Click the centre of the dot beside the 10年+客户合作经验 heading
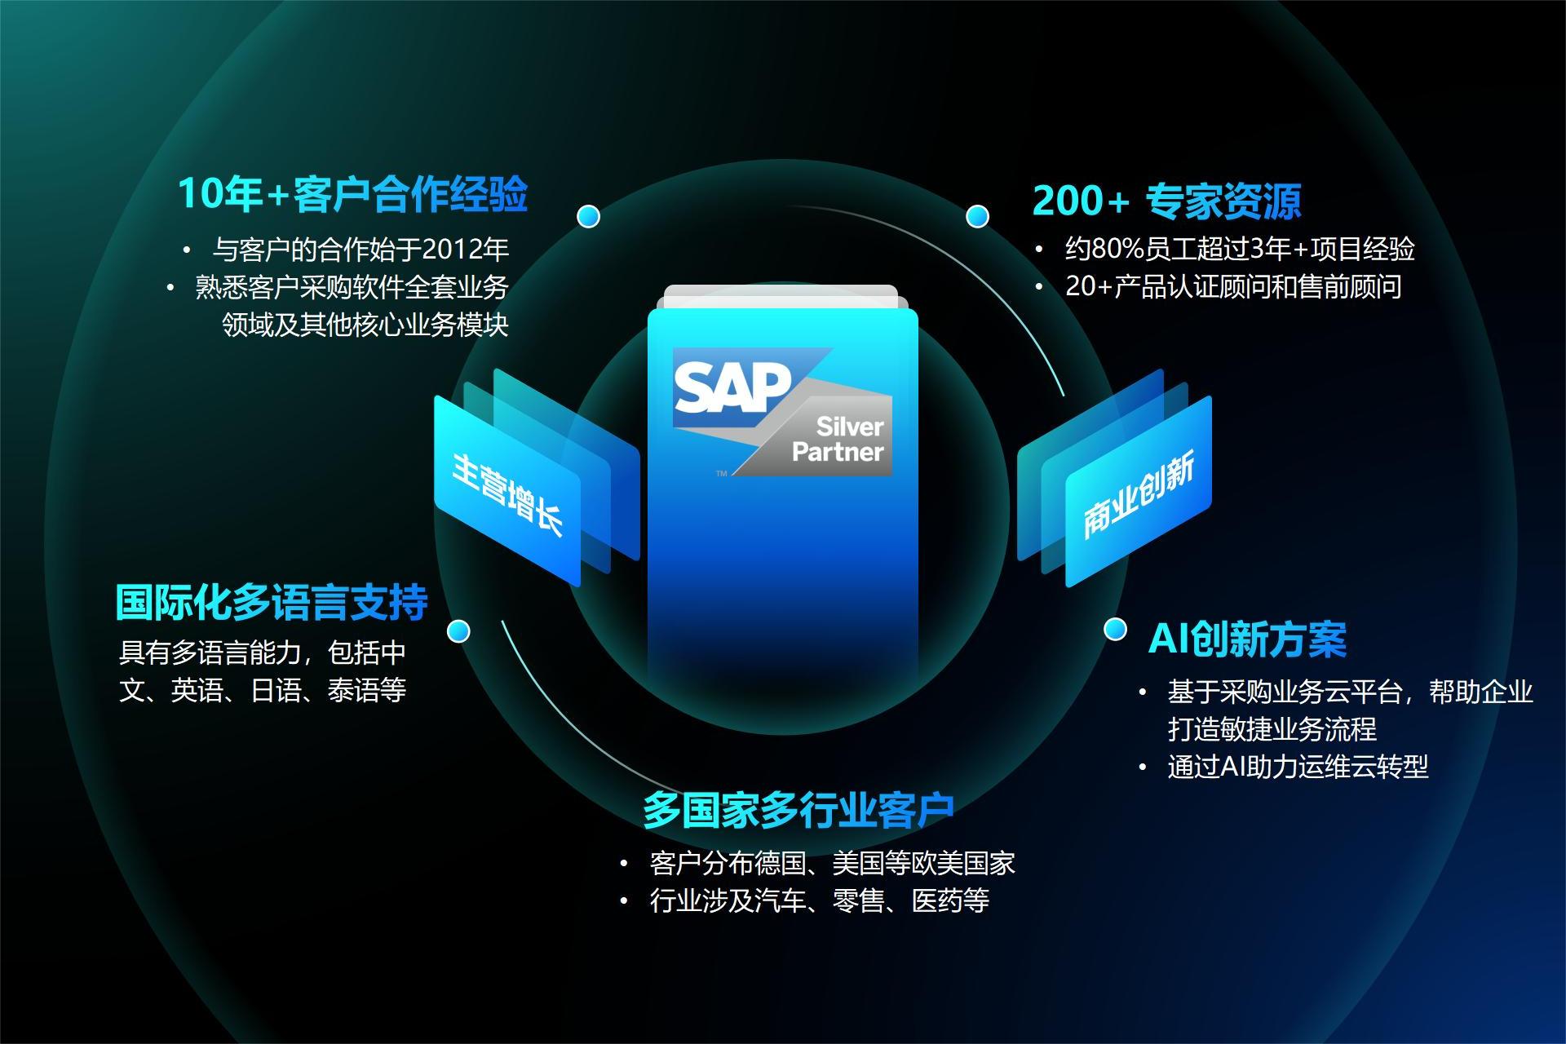pos(588,216)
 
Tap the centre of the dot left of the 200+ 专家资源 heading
pos(977,216)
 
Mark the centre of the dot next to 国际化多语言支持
pos(458,631)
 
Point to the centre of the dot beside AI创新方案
pos(1115,630)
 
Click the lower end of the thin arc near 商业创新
pos(1064,396)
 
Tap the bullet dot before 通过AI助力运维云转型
pos(1144,768)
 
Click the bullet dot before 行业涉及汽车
pos(624,901)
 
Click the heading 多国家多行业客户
pos(798,809)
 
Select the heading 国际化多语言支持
pos(272,602)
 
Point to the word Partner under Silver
pos(838,452)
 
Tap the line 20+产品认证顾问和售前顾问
pos(1233,286)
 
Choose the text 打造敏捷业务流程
pos(1272,728)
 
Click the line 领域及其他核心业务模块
pos(365,325)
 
